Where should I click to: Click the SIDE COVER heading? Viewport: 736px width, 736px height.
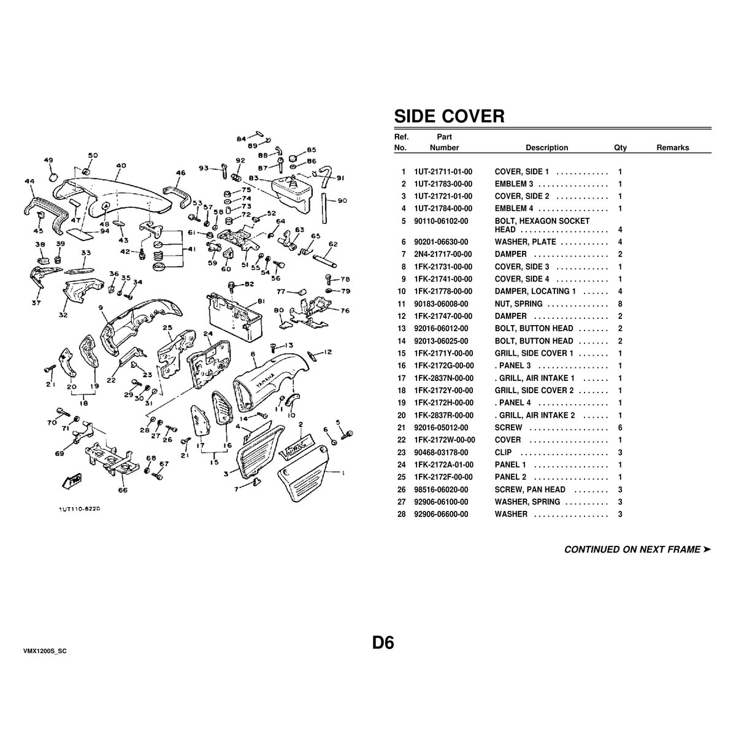[x=449, y=116]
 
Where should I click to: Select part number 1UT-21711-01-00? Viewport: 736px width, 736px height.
[x=443, y=172]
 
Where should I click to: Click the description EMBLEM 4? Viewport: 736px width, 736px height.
[x=514, y=209]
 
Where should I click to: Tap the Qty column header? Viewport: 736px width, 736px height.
[x=620, y=148]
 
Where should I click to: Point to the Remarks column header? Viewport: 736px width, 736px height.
[x=673, y=148]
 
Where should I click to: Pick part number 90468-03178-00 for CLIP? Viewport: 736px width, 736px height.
[x=441, y=453]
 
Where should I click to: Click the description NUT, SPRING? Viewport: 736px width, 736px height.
[x=518, y=304]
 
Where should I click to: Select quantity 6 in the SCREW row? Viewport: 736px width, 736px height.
[x=620, y=427]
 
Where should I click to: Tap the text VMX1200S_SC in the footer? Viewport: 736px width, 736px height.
[x=45, y=651]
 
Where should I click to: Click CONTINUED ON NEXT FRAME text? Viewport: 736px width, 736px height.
[x=637, y=550]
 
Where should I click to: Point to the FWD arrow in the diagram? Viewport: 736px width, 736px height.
[x=72, y=480]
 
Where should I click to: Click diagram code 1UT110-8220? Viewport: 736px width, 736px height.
[x=80, y=509]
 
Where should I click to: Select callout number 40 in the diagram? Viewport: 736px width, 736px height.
[x=121, y=166]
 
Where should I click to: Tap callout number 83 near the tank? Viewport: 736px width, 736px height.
[x=253, y=178]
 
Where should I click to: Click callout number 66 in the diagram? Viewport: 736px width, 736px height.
[x=123, y=490]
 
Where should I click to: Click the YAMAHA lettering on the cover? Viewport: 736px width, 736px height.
[x=265, y=380]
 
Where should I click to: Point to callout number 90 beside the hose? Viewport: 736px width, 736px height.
[x=342, y=201]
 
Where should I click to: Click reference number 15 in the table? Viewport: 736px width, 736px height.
[x=401, y=354]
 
